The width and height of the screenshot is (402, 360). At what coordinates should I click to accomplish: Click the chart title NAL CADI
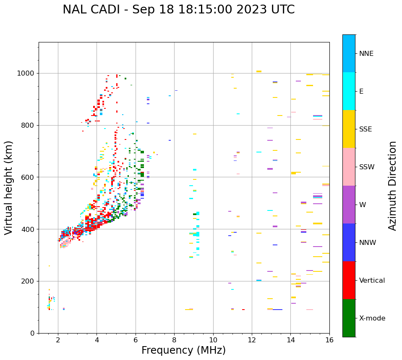pyautogui.click(x=178, y=10)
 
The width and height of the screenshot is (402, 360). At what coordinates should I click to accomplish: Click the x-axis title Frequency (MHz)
pyautogui.click(x=183, y=350)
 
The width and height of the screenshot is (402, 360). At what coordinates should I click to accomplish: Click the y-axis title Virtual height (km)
pyautogui.click(x=9, y=187)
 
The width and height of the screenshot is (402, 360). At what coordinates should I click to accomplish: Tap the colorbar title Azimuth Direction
pyautogui.click(x=392, y=186)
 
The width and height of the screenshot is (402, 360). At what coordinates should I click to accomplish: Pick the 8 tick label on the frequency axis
pyautogui.click(x=174, y=340)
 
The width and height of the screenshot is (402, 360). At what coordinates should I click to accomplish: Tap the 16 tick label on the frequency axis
pyautogui.click(x=329, y=340)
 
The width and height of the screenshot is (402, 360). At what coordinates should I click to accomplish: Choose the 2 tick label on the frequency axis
pyautogui.click(x=58, y=340)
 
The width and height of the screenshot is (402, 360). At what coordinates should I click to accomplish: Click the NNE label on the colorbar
pyautogui.click(x=366, y=53)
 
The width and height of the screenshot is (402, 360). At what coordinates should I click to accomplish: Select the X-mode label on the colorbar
pyautogui.click(x=372, y=318)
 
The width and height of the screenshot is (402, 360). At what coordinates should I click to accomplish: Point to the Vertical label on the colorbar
pyautogui.click(x=372, y=280)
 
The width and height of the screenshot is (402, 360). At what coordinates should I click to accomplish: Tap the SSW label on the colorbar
pyautogui.click(x=367, y=167)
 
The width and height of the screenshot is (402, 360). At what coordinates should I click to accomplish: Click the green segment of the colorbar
pyautogui.click(x=349, y=318)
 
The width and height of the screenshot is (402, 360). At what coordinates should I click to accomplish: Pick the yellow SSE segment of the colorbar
pyautogui.click(x=349, y=129)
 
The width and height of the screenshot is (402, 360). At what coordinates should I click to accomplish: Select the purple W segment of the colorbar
pyautogui.click(x=349, y=205)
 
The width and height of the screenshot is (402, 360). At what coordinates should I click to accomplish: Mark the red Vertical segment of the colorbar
pyautogui.click(x=349, y=280)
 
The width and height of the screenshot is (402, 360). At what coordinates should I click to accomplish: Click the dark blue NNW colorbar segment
pyautogui.click(x=349, y=242)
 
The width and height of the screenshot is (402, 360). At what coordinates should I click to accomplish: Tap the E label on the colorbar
pyautogui.click(x=361, y=91)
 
